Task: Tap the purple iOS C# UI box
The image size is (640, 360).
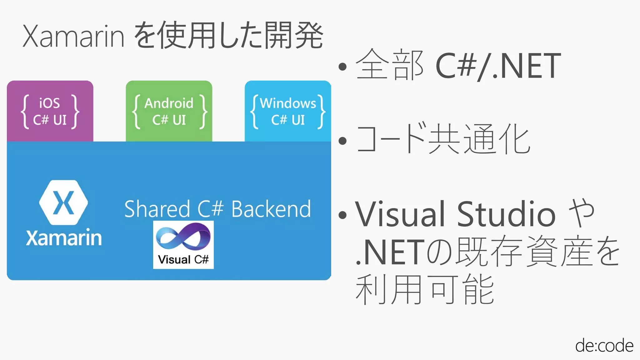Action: [x=50, y=111]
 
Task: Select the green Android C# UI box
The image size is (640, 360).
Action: [x=169, y=111]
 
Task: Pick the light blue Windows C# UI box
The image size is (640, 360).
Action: [x=288, y=111]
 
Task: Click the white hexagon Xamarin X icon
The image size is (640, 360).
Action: [x=63, y=202]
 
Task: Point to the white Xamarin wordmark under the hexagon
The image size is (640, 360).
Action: [x=64, y=238]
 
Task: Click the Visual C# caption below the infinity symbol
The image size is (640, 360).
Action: [x=183, y=259]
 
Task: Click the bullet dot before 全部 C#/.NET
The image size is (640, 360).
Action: [x=343, y=66]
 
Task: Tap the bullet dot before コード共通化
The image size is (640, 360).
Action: [x=343, y=141]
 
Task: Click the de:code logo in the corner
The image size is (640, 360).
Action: [x=604, y=345]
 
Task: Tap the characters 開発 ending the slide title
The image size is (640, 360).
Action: [x=293, y=35]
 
